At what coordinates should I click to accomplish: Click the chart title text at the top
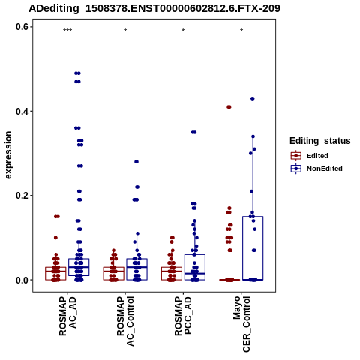click(154, 9)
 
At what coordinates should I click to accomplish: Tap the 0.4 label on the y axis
click(22, 111)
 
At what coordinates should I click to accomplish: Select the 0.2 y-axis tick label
click(22, 196)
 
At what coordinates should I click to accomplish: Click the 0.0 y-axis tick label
click(22, 280)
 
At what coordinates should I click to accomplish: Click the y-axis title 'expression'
click(8, 155)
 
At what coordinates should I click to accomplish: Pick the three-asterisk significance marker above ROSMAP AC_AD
click(67, 31)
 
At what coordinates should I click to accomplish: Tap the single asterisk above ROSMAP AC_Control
click(125, 31)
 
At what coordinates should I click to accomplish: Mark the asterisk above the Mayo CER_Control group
click(241, 31)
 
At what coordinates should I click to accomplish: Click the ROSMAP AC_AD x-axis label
click(67, 316)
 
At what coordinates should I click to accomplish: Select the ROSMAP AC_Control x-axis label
click(125, 321)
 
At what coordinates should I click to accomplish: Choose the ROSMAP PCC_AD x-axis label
click(183, 316)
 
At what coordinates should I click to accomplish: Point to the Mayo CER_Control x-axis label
click(241, 324)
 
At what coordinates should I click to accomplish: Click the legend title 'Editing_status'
click(320, 141)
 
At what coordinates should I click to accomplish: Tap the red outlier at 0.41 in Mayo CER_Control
click(229, 107)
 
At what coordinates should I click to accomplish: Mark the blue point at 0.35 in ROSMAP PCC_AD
click(194, 132)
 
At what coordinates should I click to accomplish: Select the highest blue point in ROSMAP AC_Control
click(136, 162)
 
